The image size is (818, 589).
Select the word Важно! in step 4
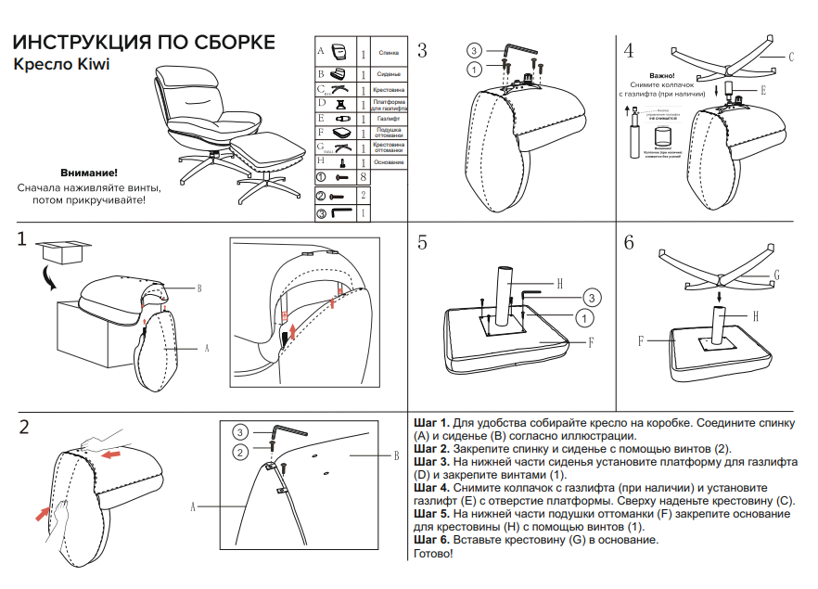click(x=661, y=75)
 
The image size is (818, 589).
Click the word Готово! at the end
click(x=433, y=554)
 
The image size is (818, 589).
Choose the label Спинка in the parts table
click(x=389, y=53)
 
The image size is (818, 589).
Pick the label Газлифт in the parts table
click(x=389, y=119)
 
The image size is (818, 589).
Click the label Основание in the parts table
click(x=390, y=162)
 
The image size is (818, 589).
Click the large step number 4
click(x=629, y=50)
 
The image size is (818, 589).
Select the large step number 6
click(x=629, y=243)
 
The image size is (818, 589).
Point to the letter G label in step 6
click(x=776, y=275)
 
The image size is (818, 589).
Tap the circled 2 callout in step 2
click(x=239, y=452)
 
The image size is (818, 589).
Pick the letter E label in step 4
click(x=762, y=91)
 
